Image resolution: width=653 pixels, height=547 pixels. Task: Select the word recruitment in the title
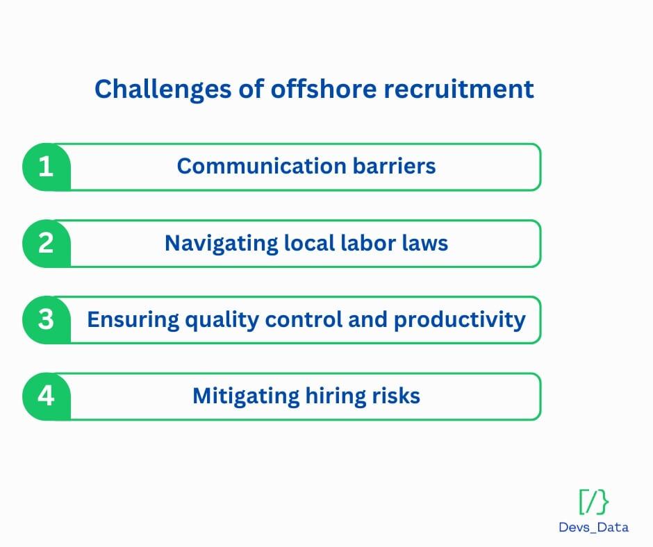468,90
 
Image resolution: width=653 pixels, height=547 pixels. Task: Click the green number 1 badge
46,167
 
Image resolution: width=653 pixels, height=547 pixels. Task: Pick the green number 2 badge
46,243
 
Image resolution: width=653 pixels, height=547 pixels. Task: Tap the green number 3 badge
46,319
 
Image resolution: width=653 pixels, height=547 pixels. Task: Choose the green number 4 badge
46,396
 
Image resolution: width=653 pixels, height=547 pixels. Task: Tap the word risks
398,396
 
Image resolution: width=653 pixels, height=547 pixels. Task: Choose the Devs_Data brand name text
593,527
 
